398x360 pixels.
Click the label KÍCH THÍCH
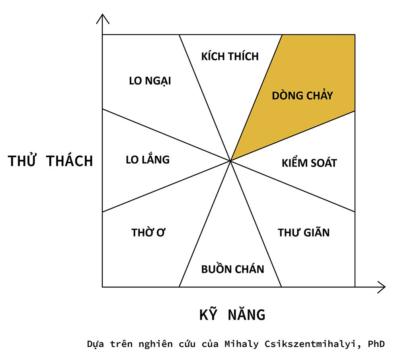coord(230,56)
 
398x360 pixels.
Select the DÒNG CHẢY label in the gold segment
coord(302,96)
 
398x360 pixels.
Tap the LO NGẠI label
coord(150,81)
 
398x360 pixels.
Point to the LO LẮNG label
coord(147,160)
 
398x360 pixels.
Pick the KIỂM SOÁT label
coord(309,163)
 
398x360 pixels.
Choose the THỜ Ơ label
coord(148,233)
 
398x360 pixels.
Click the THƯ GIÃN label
coord(303,233)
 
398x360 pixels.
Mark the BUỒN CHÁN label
coord(232,269)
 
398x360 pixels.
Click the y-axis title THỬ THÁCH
coord(51,161)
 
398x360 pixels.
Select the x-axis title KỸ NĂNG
coord(232,315)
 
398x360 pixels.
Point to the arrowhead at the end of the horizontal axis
coord(382,287)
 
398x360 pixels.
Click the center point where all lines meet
coord(231,160)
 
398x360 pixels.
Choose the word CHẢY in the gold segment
coord(319,96)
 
